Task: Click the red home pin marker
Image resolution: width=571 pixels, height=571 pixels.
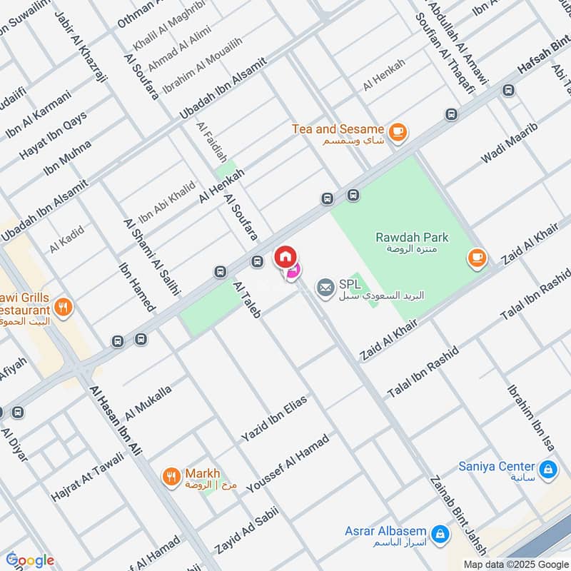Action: tap(284, 256)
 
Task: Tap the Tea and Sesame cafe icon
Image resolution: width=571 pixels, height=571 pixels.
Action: tap(397, 131)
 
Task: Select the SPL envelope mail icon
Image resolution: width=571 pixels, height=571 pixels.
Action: tap(325, 288)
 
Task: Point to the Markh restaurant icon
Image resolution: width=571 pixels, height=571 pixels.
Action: tap(171, 475)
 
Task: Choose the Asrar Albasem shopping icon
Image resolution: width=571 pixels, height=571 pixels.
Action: tap(440, 532)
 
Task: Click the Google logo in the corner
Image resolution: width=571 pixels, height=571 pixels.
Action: tap(30, 560)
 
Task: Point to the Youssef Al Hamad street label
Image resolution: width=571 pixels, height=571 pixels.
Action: tap(288, 463)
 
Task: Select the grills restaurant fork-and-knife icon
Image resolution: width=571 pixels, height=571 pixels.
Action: tap(64, 308)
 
